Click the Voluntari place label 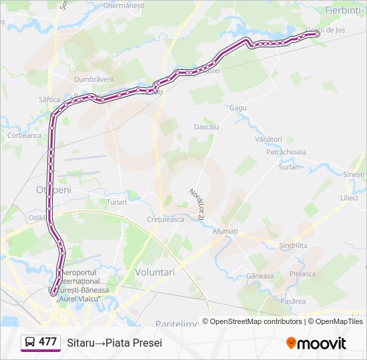[x=155, y=272]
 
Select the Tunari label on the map [x=116, y=201]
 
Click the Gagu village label [x=238, y=107]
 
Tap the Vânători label [x=268, y=139]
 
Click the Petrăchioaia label [x=286, y=152]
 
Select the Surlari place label [x=290, y=167]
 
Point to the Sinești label [x=354, y=174]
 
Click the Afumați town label [x=225, y=231]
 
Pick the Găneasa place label [x=260, y=275]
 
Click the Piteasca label [x=302, y=273]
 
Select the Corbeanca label [x=24, y=135]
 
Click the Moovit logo [x=316, y=343]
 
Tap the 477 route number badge [x=47, y=342]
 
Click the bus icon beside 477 [x=30, y=342]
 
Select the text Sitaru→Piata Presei [x=114, y=343]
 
